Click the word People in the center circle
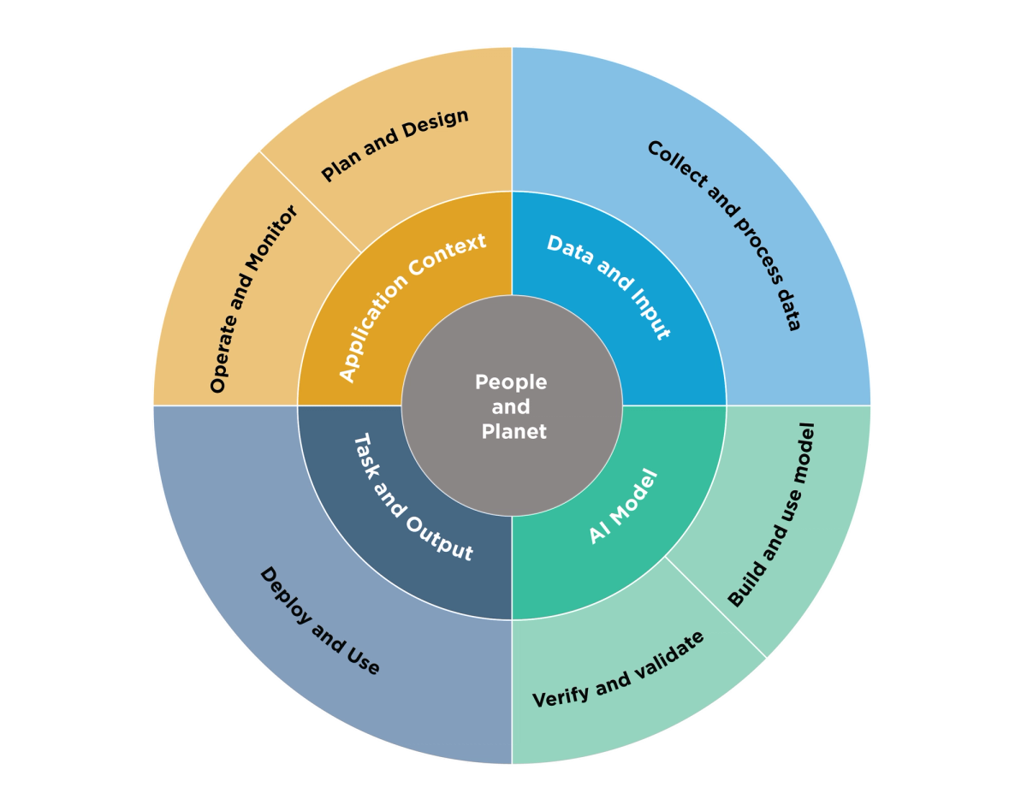pyautogui.click(x=511, y=382)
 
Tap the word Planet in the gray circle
pyautogui.click(x=513, y=431)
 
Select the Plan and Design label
pyautogui.click(x=395, y=145)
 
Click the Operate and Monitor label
pyautogui.click(x=253, y=299)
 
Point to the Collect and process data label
pyautogui.click(x=724, y=235)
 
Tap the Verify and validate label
pyautogui.click(x=618, y=670)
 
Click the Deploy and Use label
pyautogui.click(x=319, y=620)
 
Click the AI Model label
pyautogui.click(x=623, y=506)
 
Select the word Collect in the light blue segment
pyautogui.click(x=678, y=163)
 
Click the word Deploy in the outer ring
pyautogui.click(x=286, y=595)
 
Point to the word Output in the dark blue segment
pyautogui.click(x=440, y=539)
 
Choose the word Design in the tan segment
pyautogui.click(x=436, y=124)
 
